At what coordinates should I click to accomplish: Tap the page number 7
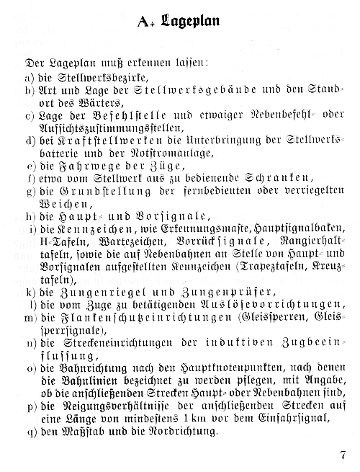(x=343, y=455)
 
